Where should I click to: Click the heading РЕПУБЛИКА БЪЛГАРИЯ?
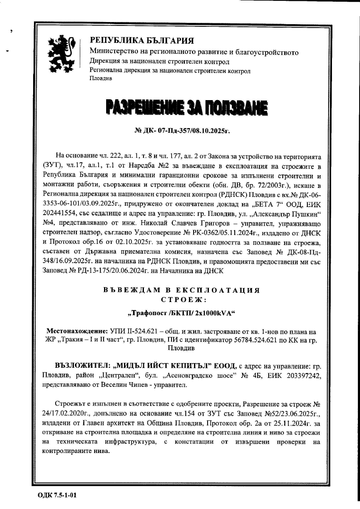[x=142, y=41]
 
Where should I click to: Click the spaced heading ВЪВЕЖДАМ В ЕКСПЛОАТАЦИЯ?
[x=181, y=290]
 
